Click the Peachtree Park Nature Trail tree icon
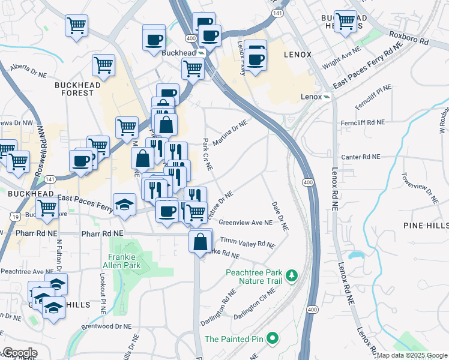pyautogui.click(x=292, y=275)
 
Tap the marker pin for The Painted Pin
pyautogui.click(x=272, y=338)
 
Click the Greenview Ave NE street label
pyautogui.click(x=246, y=222)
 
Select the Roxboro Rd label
pyautogui.click(x=408, y=39)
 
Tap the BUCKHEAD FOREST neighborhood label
pyautogui.click(x=74, y=89)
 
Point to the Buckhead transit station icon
pyautogui.click(x=202, y=53)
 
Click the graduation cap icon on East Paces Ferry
pyautogui.click(x=125, y=205)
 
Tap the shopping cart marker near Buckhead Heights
pyautogui.click(x=345, y=21)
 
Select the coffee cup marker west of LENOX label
pyautogui.click(x=256, y=59)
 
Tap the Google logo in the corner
pyautogui.click(x=19, y=353)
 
